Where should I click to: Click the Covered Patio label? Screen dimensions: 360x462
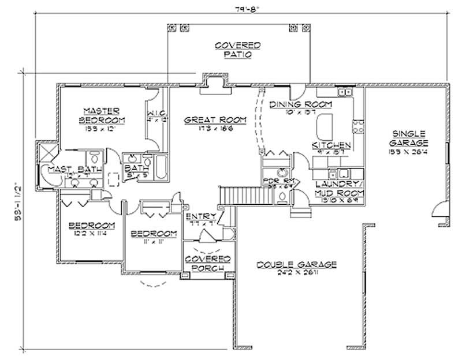(237, 50)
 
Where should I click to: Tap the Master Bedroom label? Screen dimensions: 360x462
(100, 115)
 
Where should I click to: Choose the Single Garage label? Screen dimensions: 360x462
(408, 137)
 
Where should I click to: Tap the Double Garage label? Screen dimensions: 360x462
(297, 264)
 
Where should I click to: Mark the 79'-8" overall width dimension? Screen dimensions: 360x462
(238, 9)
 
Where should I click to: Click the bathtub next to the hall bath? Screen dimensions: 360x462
(162, 167)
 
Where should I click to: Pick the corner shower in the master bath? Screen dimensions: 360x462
(45, 153)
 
